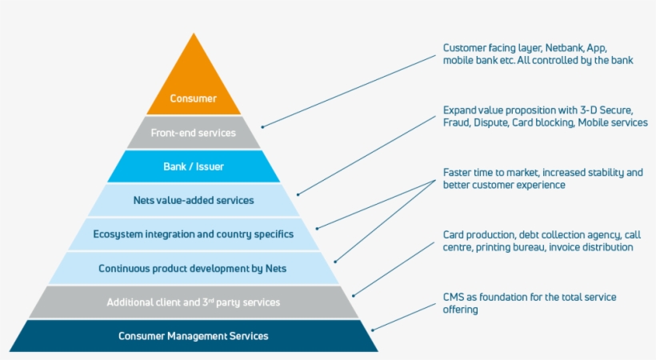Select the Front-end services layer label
pos(194,133)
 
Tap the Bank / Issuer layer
pos(194,166)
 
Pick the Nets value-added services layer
pos(194,200)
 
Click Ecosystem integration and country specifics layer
pos(194,234)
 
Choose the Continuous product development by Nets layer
pos(194,268)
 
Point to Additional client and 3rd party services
pos(194,302)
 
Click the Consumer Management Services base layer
pos(194,336)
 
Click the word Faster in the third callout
pos(459,172)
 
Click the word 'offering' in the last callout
pos(460,310)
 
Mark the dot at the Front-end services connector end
pos(262,126)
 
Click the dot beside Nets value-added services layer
pos(298,194)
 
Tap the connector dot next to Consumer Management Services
pos(373,329)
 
